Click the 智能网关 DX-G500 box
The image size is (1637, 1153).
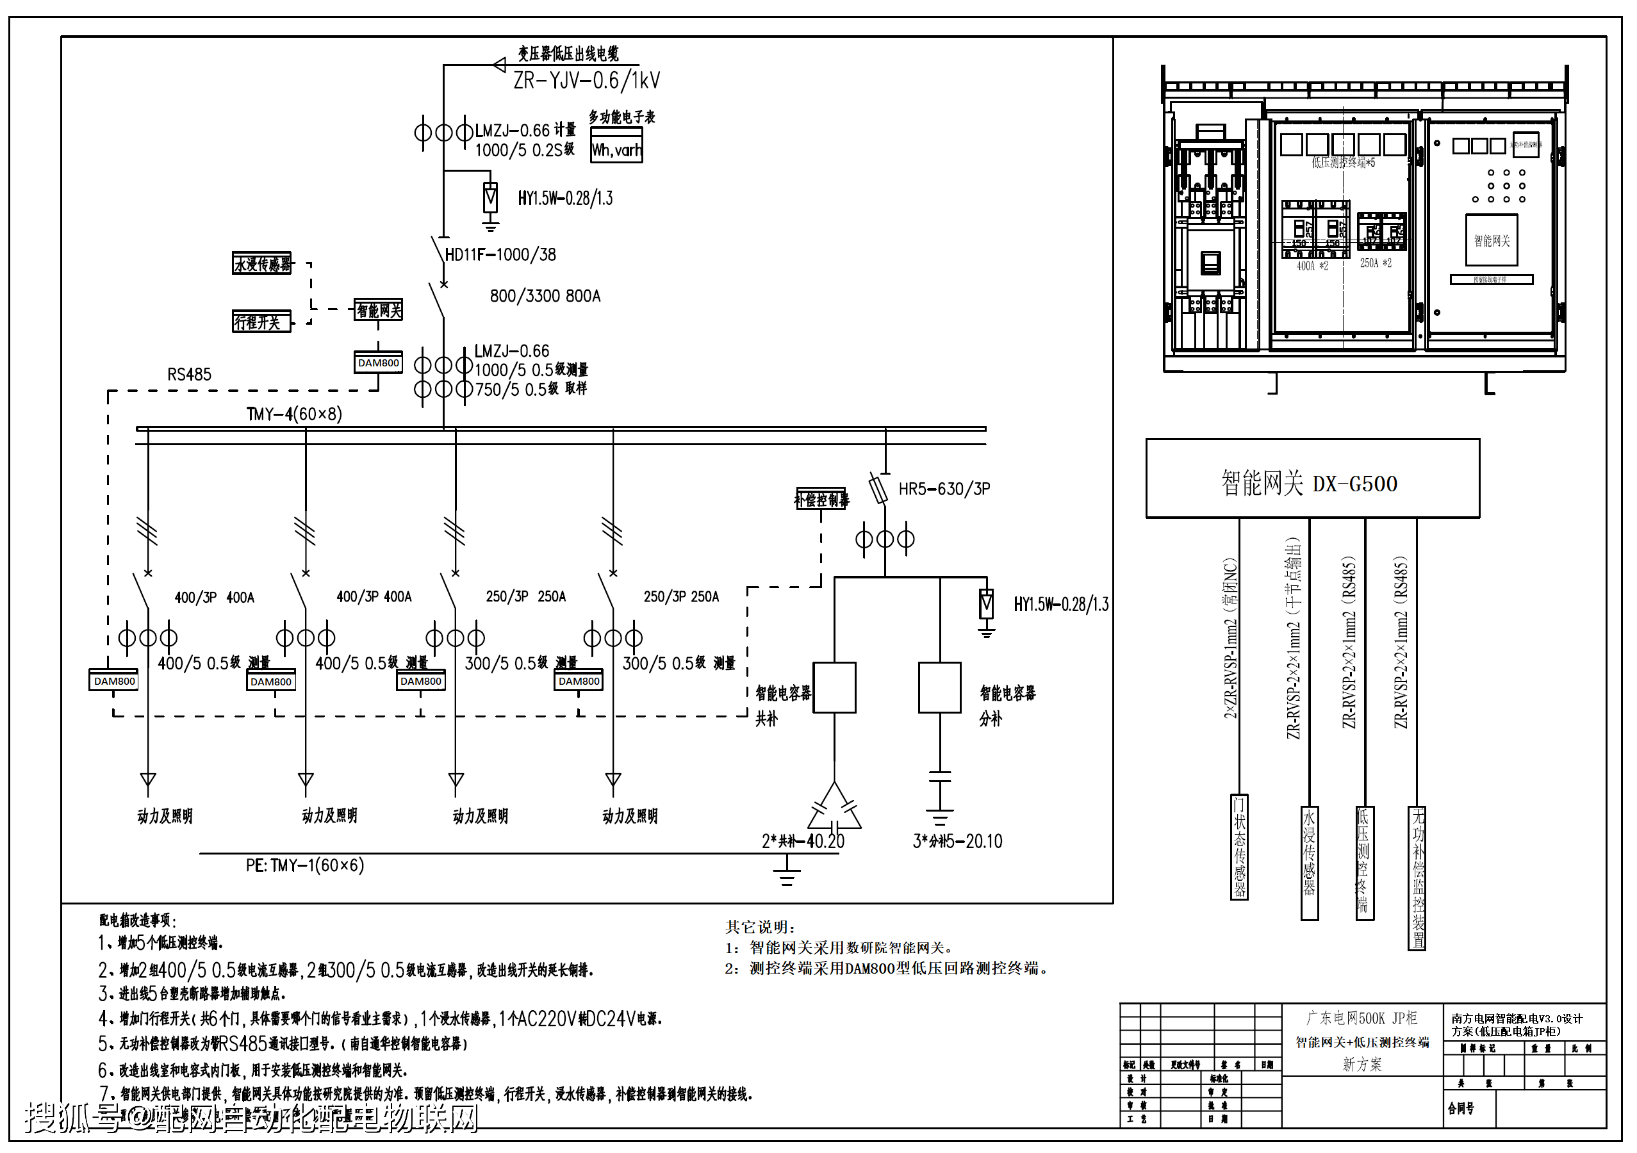pos(1312,479)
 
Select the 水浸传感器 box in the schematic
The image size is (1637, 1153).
pos(261,264)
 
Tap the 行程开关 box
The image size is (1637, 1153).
pos(261,322)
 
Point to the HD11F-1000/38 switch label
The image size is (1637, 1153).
pos(500,255)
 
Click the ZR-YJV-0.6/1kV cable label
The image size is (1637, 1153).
pos(587,81)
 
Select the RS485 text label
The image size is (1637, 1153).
pos(189,375)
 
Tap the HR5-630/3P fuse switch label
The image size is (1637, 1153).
pos(944,489)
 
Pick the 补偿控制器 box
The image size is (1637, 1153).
pos(821,499)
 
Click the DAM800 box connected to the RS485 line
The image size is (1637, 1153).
pos(378,363)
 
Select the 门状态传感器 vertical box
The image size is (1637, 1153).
pos(1240,847)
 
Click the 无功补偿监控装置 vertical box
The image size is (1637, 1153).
pos(1417,878)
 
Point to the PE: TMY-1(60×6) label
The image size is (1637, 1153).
pos(305,865)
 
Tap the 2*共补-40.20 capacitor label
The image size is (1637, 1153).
pos(803,842)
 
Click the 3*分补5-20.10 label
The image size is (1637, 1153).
pos(957,842)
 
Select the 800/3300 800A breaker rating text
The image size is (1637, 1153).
pos(545,296)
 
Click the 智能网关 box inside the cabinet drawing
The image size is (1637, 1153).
pos(1492,240)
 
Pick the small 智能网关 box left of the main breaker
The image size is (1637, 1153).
pos(379,310)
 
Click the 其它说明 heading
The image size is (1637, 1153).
pos(759,927)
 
